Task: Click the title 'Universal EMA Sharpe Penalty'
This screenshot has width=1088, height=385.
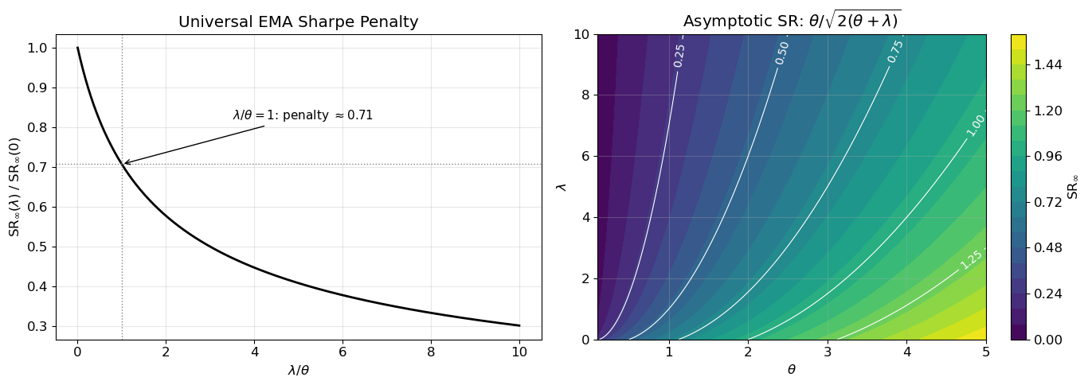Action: (x=298, y=22)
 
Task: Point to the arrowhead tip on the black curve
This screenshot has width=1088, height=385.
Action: (x=123, y=164)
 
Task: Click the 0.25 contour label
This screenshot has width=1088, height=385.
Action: (x=679, y=55)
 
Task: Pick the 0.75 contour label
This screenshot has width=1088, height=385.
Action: (x=895, y=51)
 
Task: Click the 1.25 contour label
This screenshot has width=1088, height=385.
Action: (x=972, y=259)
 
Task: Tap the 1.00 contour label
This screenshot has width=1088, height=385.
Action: (x=976, y=125)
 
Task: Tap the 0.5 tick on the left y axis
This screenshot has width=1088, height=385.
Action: (x=37, y=247)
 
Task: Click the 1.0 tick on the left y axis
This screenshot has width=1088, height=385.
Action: (x=37, y=48)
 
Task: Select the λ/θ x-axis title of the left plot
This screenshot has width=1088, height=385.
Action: (x=298, y=370)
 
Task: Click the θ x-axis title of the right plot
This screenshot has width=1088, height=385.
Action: (x=791, y=370)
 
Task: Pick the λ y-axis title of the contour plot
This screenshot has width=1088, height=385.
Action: (x=562, y=186)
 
